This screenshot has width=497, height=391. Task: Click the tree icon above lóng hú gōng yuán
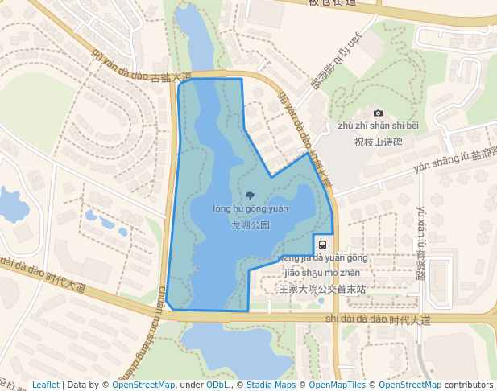[x=250, y=195]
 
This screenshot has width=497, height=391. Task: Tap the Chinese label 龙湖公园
[x=250, y=225]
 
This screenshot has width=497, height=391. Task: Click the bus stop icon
[x=322, y=245]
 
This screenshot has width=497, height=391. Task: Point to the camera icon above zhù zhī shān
[x=378, y=113]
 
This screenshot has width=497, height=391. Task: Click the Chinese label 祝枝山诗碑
[x=378, y=142]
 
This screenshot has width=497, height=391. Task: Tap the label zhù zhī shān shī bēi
[x=378, y=126]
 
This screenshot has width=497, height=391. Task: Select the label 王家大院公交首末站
[x=322, y=288]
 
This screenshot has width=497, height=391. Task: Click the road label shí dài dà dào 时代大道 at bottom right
[x=378, y=319]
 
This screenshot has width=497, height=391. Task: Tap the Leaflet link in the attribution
[x=45, y=385]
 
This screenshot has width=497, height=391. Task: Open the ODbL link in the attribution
[x=217, y=385]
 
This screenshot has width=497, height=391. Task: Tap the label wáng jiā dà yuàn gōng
[x=321, y=258]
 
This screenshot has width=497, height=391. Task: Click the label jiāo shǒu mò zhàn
[x=322, y=272]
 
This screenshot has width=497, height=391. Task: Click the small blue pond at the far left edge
[x=12, y=205]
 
